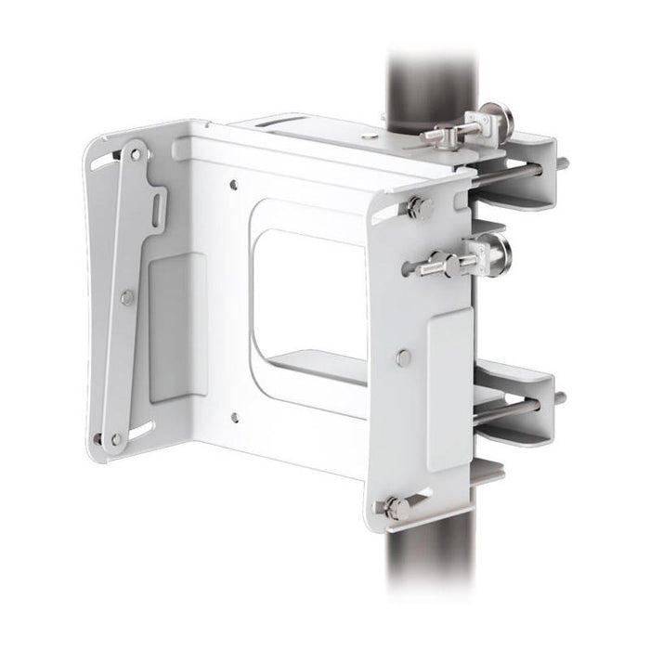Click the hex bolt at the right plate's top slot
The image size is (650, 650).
pyautogui.click(x=414, y=207)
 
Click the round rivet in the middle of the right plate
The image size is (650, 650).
pyautogui.click(x=403, y=357)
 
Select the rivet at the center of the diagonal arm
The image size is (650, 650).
pyautogui.click(x=127, y=297)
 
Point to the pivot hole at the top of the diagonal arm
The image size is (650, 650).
pyautogui.click(x=136, y=154)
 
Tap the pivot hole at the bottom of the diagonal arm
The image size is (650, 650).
pyautogui.click(x=115, y=438)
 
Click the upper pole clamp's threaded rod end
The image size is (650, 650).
pyautogui.click(x=561, y=164)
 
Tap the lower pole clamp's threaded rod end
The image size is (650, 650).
pyautogui.click(x=560, y=399)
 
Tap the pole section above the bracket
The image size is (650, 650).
pyautogui.click(x=423, y=79)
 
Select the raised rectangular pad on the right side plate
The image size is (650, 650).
pyautogui.click(x=450, y=390)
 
